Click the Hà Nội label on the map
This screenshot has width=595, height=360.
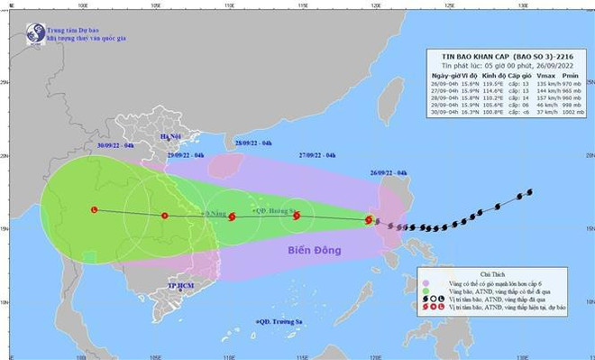(170, 136)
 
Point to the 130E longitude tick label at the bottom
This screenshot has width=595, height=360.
(522, 355)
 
